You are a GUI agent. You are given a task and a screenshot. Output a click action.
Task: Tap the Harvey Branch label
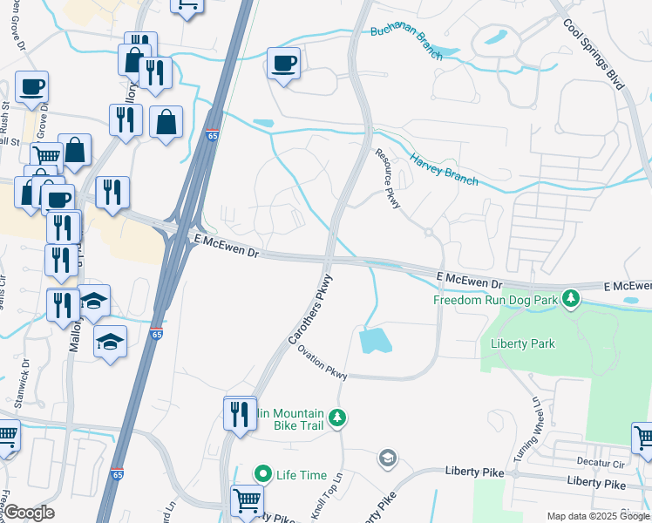pyautogui.click(x=444, y=170)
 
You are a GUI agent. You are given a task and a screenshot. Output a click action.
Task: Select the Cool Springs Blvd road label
pyautogui.click(x=594, y=54)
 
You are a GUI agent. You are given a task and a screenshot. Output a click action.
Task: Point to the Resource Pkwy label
pyautogui.click(x=387, y=178)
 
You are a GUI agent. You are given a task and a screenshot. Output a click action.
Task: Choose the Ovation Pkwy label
pyautogui.click(x=323, y=363)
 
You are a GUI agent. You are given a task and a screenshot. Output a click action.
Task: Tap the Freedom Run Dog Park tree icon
pyautogui.click(x=571, y=299)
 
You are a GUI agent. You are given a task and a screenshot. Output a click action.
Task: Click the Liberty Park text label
pyautogui.click(x=523, y=343)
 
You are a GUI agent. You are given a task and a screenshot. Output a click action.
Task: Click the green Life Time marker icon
pyautogui.click(x=264, y=474)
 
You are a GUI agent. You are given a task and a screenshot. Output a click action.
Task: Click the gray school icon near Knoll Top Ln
pyautogui.click(x=387, y=458)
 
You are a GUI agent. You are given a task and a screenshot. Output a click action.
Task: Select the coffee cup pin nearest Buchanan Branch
pyautogui.click(x=283, y=63)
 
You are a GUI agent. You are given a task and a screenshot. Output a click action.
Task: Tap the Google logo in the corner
pyautogui.click(x=29, y=512)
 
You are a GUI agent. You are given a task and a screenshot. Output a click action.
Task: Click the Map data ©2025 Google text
pyautogui.click(x=598, y=517)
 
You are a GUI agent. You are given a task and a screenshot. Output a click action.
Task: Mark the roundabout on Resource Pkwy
pyautogui.click(x=429, y=232)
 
